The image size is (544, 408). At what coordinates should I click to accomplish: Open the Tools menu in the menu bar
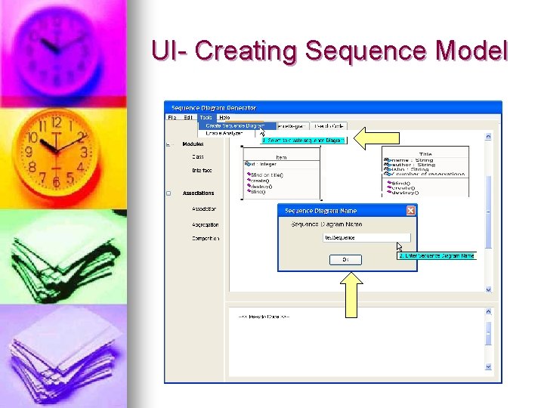(206, 117)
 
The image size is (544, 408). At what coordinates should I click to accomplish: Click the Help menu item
(224, 117)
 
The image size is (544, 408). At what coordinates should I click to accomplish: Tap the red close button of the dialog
(410, 211)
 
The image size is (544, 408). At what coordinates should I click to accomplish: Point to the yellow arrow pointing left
(371, 139)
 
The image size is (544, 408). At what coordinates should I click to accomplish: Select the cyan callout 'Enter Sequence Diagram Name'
(437, 255)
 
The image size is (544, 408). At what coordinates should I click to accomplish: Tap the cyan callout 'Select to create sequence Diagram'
(303, 140)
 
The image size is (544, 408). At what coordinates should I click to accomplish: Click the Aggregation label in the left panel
(205, 224)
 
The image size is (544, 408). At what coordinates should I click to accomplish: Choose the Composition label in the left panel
(205, 239)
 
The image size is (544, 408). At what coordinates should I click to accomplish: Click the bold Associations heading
(198, 193)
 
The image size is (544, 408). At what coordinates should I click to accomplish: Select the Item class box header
(281, 157)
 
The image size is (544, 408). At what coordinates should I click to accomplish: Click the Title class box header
(425, 153)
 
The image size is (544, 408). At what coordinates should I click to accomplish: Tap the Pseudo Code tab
(329, 125)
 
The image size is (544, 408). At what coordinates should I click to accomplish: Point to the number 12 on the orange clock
(55, 122)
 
